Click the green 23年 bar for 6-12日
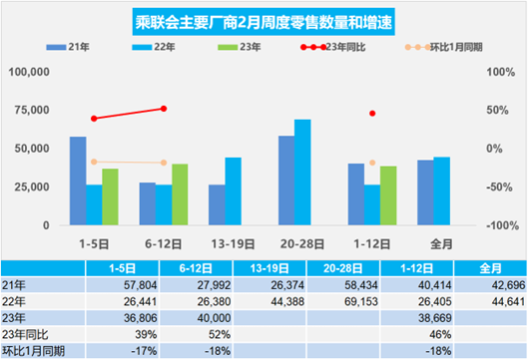coord(180,194)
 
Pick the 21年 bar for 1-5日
coord(78,180)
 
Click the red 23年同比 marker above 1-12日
coord(372,114)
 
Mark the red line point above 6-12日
coord(164,109)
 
